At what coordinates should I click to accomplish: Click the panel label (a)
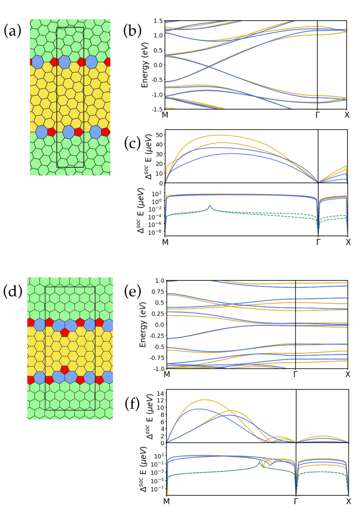point(13,31)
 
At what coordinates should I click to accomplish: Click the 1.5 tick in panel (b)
point(157,20)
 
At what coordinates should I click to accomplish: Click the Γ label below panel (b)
point(318,116)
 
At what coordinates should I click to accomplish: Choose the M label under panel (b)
point(165,116)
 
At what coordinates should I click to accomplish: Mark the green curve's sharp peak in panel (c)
point(210,206)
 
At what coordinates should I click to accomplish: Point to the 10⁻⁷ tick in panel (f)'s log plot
point(156,488)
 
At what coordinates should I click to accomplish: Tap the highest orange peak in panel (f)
point(204,400)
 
